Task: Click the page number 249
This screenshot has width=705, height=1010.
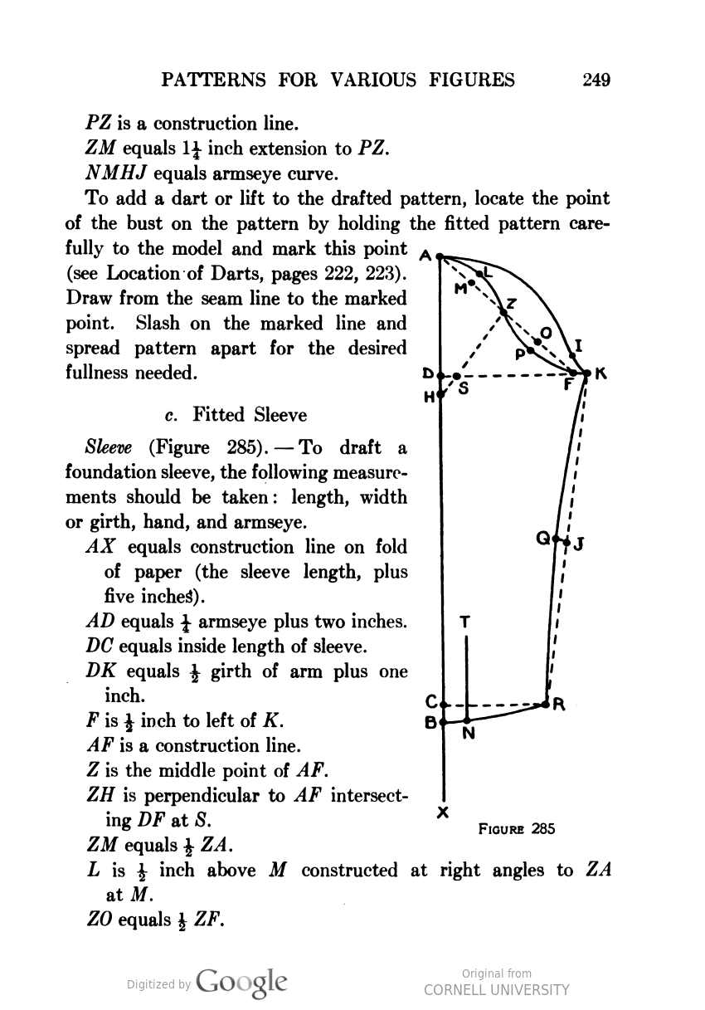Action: [596, 80]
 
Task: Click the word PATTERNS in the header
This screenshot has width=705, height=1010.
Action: [213, 80]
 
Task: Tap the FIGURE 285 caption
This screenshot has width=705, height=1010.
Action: [516, 828]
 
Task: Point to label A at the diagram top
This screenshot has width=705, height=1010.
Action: [425, 256]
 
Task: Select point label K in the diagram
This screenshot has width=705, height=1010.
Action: [602, 374]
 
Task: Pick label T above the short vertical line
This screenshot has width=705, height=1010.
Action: [464, 621]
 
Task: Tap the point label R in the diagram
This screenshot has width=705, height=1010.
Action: [559, 706]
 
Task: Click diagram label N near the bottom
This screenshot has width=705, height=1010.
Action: [468, 734]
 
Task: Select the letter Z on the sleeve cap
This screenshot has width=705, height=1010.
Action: [512, 303]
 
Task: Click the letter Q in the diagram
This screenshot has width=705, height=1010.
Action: [544, 538]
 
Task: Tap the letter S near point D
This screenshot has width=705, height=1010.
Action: [463, 388]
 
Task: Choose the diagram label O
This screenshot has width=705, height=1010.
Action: [545, 332]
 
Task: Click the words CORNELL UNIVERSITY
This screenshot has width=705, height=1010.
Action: [497, 989]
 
